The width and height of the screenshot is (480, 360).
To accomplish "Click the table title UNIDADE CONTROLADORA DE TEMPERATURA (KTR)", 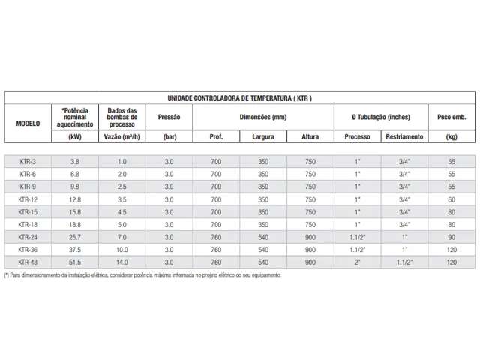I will [239, 98].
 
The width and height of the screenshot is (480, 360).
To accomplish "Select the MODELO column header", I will [28, 123].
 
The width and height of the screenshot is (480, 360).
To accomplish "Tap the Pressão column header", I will [169, 117].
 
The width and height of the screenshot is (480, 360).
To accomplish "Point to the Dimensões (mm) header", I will [263, 117].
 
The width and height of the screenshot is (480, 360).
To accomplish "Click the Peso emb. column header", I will [451, 117].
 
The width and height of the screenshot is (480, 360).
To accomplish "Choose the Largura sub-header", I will [263, 137].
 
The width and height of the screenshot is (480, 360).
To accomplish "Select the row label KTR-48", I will [28, 262].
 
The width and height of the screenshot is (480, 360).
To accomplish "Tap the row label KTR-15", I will [28, 211].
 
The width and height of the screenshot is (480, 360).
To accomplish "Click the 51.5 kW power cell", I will [74, 262].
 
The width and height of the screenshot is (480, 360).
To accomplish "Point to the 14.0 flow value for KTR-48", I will [121, 262].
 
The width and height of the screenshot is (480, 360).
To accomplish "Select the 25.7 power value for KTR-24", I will [74, 237].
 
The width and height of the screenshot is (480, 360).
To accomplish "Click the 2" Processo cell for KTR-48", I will [358, 262].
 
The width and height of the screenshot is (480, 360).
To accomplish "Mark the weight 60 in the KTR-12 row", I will [451, 199].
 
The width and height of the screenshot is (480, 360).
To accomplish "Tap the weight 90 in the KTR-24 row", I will [451, 237].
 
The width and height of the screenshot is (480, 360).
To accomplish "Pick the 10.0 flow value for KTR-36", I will [121, 249].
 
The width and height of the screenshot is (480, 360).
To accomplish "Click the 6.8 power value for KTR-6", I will [74, 174].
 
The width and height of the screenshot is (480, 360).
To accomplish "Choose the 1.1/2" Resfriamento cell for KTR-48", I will [405, 262].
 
